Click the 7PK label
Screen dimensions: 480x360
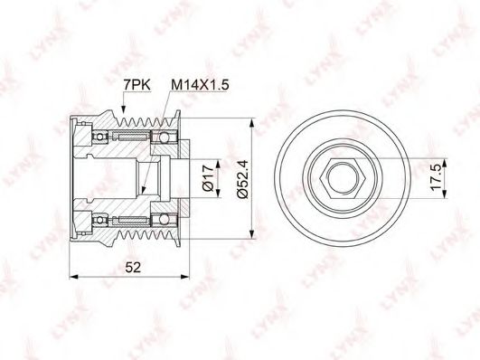coord(136,85)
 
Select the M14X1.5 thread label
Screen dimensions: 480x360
coord(200,85)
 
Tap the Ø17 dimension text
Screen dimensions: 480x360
coord(208,178)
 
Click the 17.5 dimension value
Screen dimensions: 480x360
coord(436,177)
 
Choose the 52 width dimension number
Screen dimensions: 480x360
coord(133,268)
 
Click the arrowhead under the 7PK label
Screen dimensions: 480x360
coord(123,110)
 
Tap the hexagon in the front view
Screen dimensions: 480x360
coord(342,178)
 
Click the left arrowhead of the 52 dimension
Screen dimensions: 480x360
coord(73,277)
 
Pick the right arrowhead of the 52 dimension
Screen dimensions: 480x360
coord(185,277)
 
